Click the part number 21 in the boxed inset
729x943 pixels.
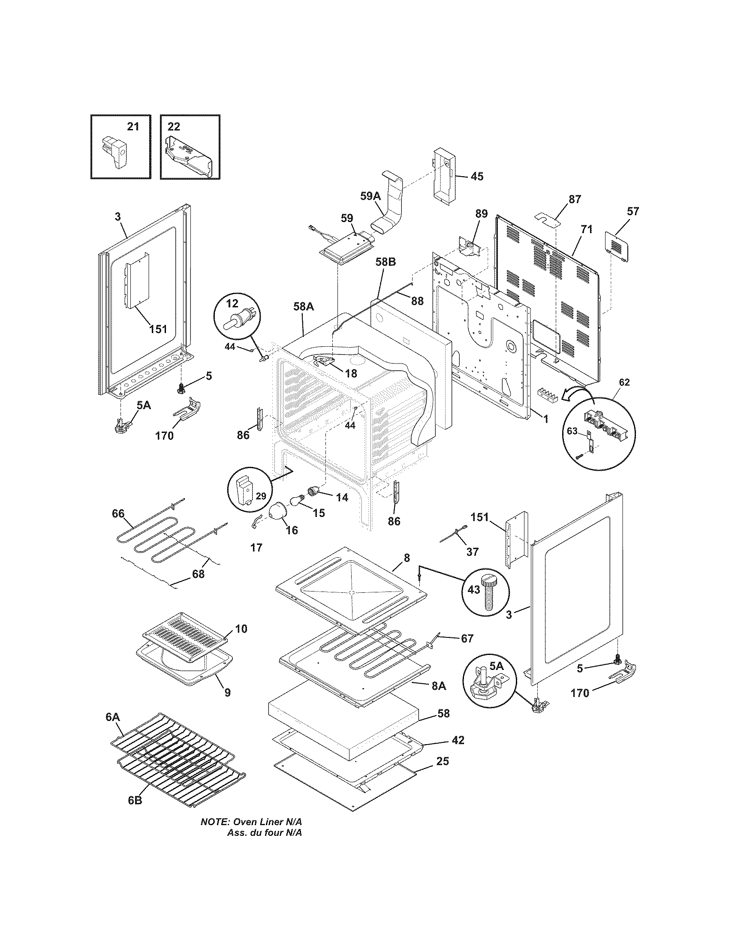tap(133, 126)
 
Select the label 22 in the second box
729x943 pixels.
tap(174, 126)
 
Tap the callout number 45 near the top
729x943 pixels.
tap(477, 176)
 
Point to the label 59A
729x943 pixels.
tap(371, 196)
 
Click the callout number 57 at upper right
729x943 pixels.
tap(633, 212)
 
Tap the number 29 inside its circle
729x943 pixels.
tap(261, 496)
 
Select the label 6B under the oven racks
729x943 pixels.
tap(135, 800)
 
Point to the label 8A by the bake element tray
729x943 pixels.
tap(439, 685)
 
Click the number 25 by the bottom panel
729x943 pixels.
tap(443, 761)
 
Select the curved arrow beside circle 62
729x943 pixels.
tap(578, 393)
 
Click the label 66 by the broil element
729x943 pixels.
tap(118, 514)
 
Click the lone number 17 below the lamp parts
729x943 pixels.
tap(256, 547)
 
